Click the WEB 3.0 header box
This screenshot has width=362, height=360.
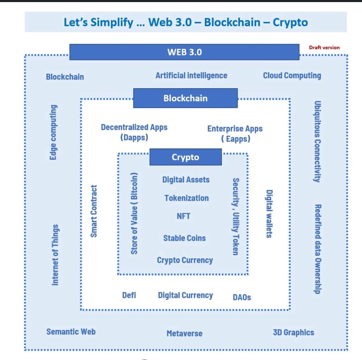(x=184, y=52)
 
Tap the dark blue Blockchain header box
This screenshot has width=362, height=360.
(x=185, y=98)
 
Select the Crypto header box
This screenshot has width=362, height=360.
(x=185, y=157)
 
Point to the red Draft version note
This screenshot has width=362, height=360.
(x=324, y=48)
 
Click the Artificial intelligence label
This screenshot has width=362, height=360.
(x=191, y=75)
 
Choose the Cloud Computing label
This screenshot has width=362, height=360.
(x=292, y=75)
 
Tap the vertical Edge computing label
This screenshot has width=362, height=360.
(x=53, y=132)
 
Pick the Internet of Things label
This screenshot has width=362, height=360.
(x=54, y=255)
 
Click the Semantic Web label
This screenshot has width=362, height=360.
(x=71, y=332)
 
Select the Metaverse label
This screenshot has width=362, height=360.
(x=184, y=333)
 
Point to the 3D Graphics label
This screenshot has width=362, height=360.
(x=293, y=332)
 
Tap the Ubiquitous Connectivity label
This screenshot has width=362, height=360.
(x=318, y=141)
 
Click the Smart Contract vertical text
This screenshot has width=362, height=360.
(x=93, y=211)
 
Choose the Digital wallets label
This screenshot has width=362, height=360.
(x=269, y=214)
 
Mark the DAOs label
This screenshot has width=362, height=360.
(x=242, y=297)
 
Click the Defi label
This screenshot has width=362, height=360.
(x=129, y=295)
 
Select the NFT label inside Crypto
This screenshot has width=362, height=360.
(x=183, y=216)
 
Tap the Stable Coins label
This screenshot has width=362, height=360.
(x=184, y=238)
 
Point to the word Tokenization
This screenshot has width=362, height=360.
(x=186, y=198)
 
